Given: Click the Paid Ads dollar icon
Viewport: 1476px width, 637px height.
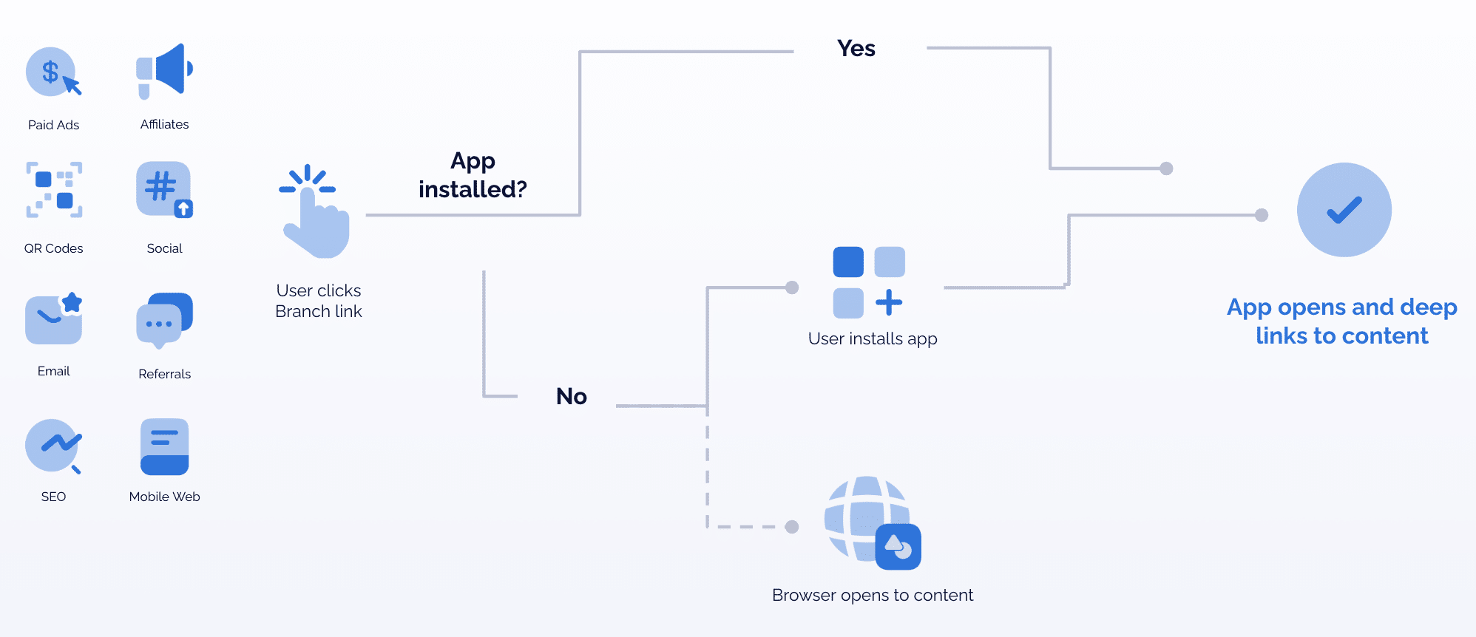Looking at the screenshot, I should [52, 72].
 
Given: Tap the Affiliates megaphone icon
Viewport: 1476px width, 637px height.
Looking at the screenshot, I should [164, 70].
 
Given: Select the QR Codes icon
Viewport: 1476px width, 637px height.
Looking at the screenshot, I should [54, 190].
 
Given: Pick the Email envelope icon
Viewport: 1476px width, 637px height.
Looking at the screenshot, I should [54, 318].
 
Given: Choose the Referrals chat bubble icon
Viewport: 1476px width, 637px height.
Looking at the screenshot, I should [164, 321].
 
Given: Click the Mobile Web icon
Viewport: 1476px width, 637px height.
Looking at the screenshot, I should [164, 446].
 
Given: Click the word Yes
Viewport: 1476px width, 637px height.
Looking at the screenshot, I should [856, 49].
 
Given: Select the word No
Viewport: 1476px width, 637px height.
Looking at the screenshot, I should [571, 397].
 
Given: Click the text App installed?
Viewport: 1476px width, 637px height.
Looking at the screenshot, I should [473, 175].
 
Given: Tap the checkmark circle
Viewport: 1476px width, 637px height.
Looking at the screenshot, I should [1344, 210].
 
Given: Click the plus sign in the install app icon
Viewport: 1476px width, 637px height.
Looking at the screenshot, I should [889, 302].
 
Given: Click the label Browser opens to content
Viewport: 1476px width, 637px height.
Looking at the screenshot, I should [872, 595].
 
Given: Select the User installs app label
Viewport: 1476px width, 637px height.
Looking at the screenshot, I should [872, 338].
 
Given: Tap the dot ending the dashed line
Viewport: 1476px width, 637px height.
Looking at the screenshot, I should [792, 527].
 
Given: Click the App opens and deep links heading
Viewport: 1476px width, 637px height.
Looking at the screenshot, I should [1341, 321].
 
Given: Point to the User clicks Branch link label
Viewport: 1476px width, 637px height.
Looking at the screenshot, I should [319, 301].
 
